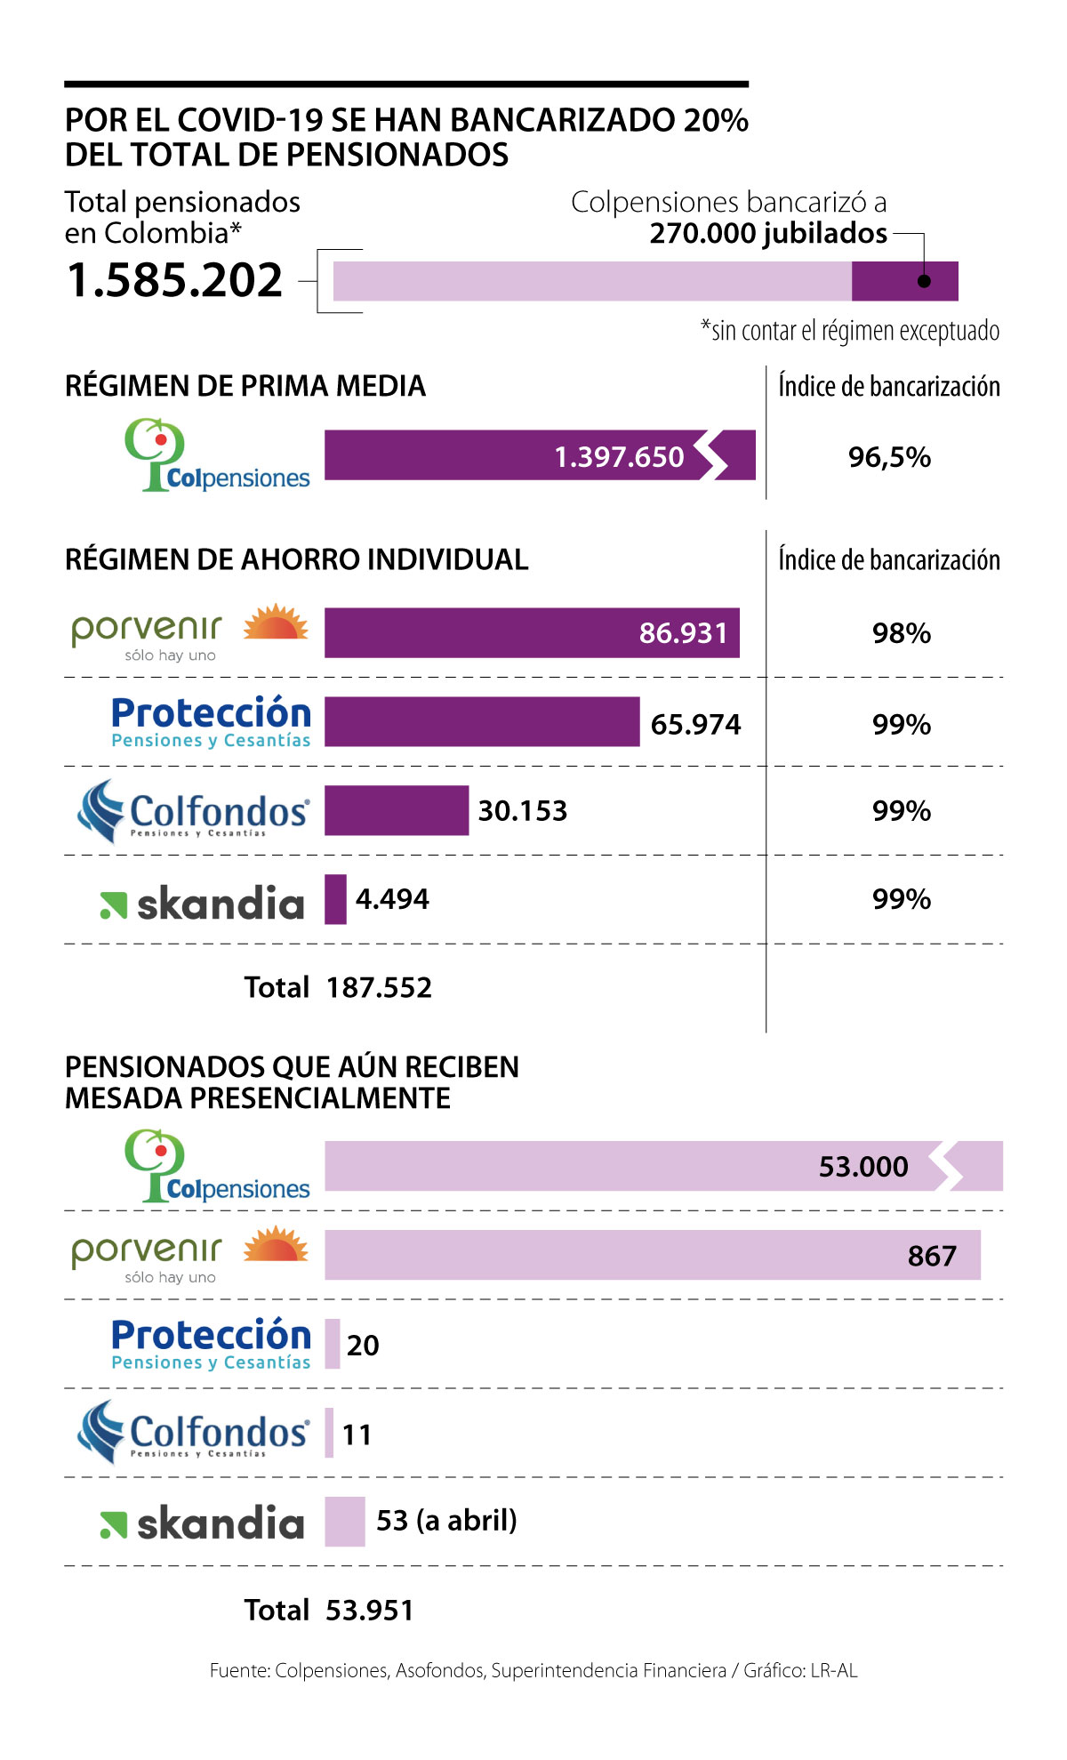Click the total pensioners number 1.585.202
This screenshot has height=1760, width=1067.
click(174, 280)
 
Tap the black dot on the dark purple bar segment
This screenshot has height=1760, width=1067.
click(924, 281)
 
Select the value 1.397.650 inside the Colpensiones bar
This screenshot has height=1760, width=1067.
click(619, 456)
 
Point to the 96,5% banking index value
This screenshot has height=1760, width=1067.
click(889, 457)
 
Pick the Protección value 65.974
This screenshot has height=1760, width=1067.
click(695, 724)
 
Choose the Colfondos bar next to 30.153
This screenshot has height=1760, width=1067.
click(396, 810)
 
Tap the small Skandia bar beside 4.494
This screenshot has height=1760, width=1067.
click(335, 899)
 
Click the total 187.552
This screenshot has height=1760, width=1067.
click(379, 987)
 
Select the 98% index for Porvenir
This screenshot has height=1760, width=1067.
click(901, 633)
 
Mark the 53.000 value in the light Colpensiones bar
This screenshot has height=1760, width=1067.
click(863, 1166)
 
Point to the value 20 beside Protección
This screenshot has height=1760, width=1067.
click(363, 1345)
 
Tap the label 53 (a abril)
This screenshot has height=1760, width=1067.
click(446, 1520)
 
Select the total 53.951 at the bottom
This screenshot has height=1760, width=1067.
click(370, 1610)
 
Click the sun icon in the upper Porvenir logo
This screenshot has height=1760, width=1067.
click(276, 623)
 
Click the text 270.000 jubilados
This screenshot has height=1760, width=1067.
click(768, 233)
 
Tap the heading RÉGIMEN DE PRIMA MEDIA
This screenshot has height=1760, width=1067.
click(245, 386)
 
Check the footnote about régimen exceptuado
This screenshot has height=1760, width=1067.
click(850, 331)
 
